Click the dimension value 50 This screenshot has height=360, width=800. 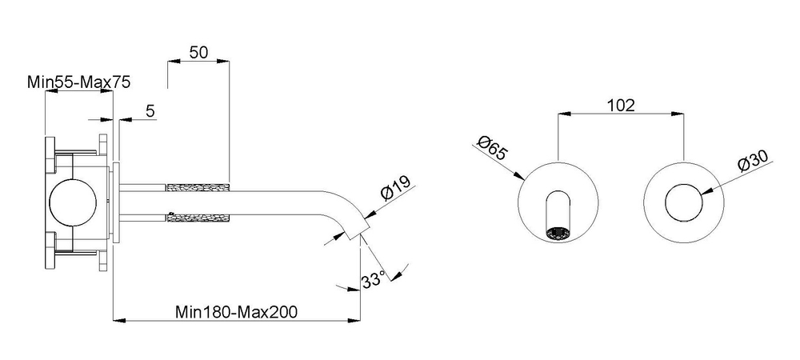[199, 52]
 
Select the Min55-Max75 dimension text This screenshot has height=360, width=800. [78, 82]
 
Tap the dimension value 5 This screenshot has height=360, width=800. [150, 111]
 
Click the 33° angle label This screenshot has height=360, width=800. [373, 281]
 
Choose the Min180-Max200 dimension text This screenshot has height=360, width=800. [236, 311]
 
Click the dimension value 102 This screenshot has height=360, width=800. [621, 106]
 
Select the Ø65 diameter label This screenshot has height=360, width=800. [492, 148]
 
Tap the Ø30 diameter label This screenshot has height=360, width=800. [753, 160]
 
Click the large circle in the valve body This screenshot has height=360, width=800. [74, 202]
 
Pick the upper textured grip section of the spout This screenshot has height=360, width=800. [198, 187]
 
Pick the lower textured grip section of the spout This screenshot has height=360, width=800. [198, 218]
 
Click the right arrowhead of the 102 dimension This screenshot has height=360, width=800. [678, 114]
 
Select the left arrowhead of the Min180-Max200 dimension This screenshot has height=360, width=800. [119, 321]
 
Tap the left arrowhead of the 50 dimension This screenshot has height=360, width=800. [174, 61]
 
